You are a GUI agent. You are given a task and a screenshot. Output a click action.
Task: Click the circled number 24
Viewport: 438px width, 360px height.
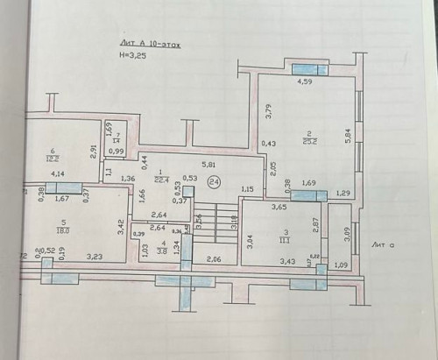tap(215, 181)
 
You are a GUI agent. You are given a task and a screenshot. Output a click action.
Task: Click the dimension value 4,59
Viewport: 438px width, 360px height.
tap(304, 82)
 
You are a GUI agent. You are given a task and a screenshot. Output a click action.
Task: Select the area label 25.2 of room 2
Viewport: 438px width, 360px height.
tap(307, 138)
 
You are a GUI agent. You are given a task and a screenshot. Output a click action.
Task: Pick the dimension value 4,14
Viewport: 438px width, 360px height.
tap(58, 174)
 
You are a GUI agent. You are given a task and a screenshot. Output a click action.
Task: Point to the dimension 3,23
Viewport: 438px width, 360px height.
tap(95, 256)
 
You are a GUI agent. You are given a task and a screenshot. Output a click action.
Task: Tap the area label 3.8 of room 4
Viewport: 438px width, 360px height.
tap(163, 247)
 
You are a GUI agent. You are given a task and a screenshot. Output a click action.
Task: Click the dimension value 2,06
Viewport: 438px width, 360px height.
tap(215, 260)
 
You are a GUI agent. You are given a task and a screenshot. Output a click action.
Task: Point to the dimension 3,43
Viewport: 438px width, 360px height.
tap(287, 260)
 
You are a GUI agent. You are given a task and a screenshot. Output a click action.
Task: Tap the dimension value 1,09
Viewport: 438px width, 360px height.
tap(342, 265)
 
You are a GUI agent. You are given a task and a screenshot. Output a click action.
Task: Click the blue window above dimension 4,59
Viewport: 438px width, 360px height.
tap(310, 69)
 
